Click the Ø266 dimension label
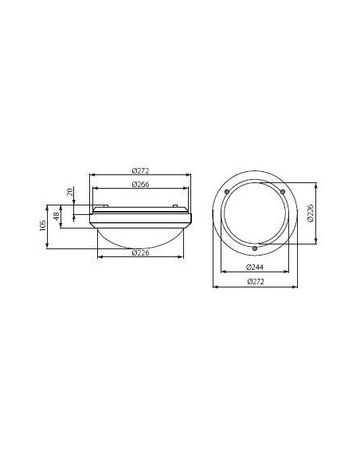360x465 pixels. [141, 185]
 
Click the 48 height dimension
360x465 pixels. [57, 216]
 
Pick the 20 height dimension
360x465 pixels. [70, 192]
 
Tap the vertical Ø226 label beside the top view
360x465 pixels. [311, 213]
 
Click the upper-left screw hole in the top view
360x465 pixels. [228, 192]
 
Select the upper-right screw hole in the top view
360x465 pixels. [282, 192]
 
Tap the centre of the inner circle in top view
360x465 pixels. [255, 214]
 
